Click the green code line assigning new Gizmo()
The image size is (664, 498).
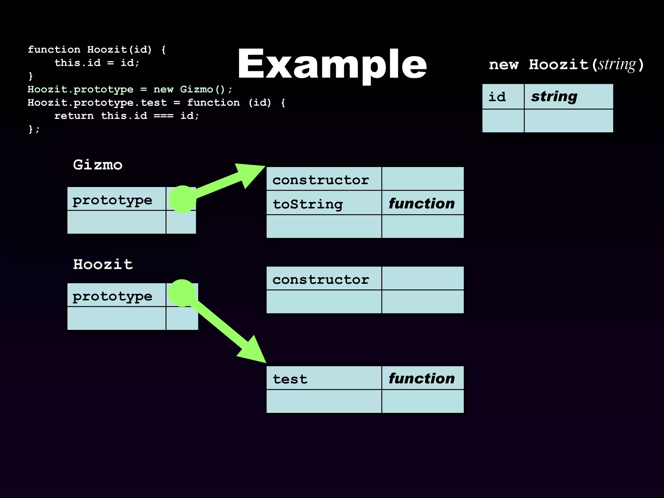click(x=130, y=89)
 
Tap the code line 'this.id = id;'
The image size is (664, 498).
click(x=97, y=63)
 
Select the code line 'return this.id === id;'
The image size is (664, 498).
click(x=126, y=116)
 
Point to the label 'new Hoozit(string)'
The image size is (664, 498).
click(x=566, y=65)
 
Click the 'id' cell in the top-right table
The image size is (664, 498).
click(x=503, y=97)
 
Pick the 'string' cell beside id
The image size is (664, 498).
click(x=568, y=97)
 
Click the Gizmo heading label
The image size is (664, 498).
click(x=98, y=165)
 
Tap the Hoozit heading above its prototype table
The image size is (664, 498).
click(x=103, y=264)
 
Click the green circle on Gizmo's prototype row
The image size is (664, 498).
click(x=183, y=199)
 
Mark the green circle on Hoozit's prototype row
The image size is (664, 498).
click(x=182, y=293)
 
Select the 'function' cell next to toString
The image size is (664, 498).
click(x=422, y=203)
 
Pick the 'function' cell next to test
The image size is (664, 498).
click(x=422, y=378)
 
